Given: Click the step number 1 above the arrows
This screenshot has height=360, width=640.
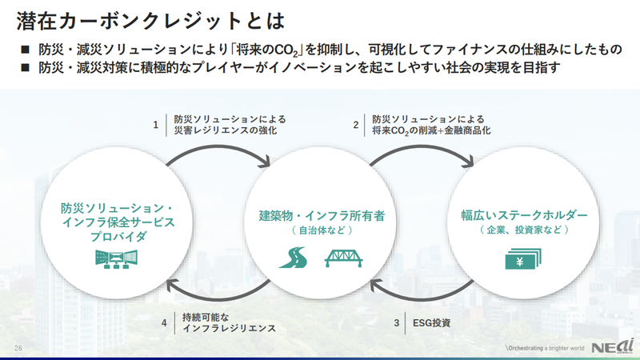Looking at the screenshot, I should (157, 124).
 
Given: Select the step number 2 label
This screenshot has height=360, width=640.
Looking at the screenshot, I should (356, 124).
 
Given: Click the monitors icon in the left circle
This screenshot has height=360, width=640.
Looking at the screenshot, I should (117, 259).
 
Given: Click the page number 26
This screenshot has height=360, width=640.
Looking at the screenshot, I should (18, 348).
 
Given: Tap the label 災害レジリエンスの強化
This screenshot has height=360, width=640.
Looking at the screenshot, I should (226, 130).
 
